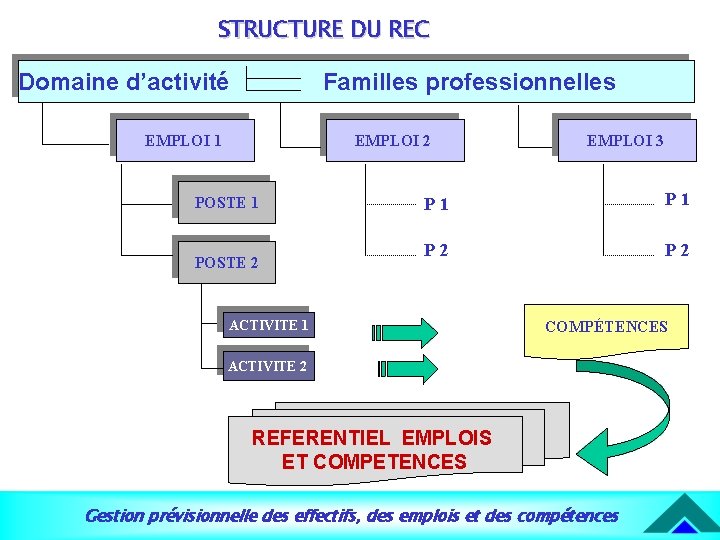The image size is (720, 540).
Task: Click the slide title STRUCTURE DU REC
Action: [323, 29]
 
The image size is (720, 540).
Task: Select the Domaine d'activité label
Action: [123, 81]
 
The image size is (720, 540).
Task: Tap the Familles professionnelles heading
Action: [469, 81]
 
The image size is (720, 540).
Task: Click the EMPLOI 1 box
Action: [184, 140]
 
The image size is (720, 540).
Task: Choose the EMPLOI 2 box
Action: [393, 140]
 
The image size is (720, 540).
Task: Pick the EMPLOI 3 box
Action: [624, 140]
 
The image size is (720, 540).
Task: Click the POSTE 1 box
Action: [226, 202]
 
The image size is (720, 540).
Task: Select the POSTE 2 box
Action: [226, 262]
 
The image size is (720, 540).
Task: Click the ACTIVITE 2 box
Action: [267, 365]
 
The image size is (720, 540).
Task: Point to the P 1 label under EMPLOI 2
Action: [436, 205]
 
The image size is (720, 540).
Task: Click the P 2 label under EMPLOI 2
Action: [436, 250]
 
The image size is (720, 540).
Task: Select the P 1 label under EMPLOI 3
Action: [677, 199]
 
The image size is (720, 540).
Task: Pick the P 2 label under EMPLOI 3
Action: [677, 250]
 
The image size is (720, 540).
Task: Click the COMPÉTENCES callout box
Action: [606, 327]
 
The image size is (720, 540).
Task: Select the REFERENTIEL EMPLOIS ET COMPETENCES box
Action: [374, 449]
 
